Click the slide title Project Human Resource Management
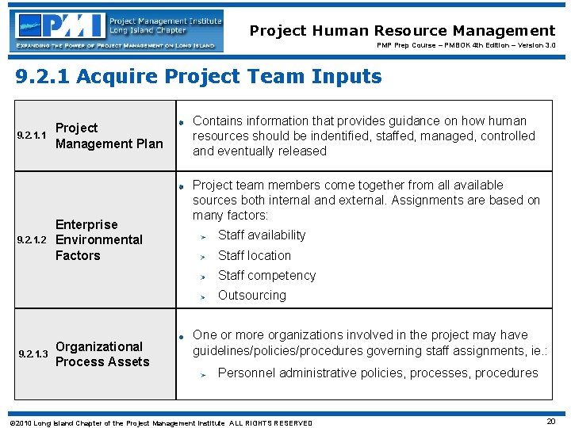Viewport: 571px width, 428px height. pyautogui.click(x=402, y=31)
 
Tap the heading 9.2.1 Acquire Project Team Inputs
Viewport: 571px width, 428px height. pyautogui.click(x=199, y=77)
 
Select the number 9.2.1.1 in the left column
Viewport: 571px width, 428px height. pyautogui.click(x=32, y=136)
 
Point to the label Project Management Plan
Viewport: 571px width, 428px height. pyautogui.click(x=109, y=136)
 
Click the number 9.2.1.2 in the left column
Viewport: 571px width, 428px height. pyautogui.click(x=32, y=240)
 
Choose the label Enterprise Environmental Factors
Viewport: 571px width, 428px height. pyautogui.click(x=99, y=239)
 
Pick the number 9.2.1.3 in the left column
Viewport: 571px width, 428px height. pyautogui.click(x=32, y=354)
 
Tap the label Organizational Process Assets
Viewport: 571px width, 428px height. pyautogui.click(x=102, y=353)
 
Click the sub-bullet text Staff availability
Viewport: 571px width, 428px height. pyautogui.click(x=261, y=235)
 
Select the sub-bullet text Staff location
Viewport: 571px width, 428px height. pyautogui.click(x=254, y=255)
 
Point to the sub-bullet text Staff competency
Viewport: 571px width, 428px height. pyautogui.click(x=266, y=275)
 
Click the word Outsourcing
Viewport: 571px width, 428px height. pyautogui.click(x=251, y=295)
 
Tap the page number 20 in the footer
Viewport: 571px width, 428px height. pyautogui.click(x=551, y=422)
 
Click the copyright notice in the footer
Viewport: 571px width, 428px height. pyautogui.click(x=159, y=423)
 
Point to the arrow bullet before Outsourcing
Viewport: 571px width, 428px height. pyautogui.click(x=203, y=296)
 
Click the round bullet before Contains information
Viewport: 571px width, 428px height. pyautogui.click(x=182, y=122)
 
